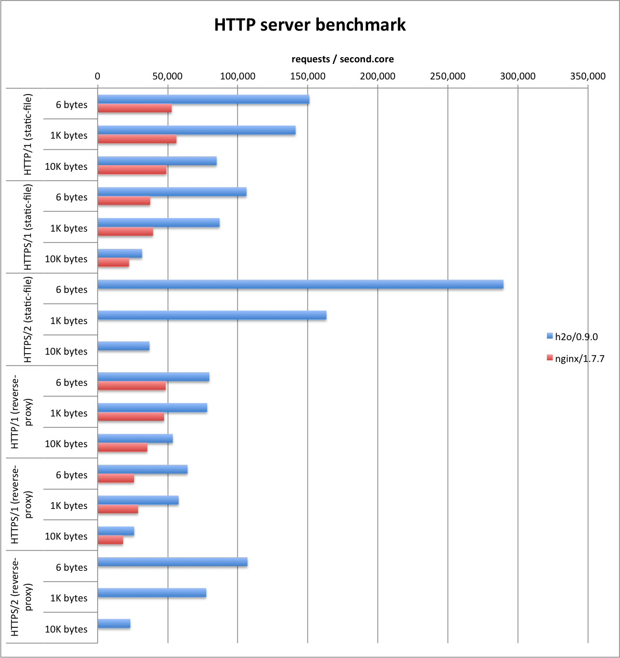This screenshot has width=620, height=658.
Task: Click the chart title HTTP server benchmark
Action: coord(310,25)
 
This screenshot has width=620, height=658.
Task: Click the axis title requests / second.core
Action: coord(342,59)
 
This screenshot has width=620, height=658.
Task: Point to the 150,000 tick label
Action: coord(308,76)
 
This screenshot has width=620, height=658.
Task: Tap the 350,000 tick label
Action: coord(588,76)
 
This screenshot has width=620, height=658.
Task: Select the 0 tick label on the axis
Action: coord(98,76)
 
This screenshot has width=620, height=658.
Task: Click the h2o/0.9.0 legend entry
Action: coord(576,337)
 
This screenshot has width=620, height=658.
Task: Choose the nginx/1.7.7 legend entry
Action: coord(579,358)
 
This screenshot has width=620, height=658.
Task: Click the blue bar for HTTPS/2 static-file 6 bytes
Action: coord(300,285)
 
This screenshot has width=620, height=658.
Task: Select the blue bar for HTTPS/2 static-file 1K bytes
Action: coord(212,315)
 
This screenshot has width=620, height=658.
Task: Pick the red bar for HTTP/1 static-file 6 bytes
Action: coord(134,109)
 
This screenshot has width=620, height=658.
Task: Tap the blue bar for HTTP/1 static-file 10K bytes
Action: coord(157,162)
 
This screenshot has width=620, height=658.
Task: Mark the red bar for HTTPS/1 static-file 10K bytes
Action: coord(113,263)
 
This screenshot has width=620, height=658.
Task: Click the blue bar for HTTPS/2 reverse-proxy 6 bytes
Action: coord(172,562)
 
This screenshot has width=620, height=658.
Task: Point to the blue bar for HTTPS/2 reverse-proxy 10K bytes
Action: coord(114,624)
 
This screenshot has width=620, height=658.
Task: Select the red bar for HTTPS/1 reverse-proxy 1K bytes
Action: coord(118,509)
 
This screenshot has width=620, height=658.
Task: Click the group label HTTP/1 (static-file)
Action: coord(29,135)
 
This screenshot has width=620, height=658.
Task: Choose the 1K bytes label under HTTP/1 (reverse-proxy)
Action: coord(69,413)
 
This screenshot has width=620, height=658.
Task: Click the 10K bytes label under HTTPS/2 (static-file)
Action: coord(66,352)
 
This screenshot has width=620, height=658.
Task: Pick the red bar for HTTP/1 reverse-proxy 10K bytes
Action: coord(123,448)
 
